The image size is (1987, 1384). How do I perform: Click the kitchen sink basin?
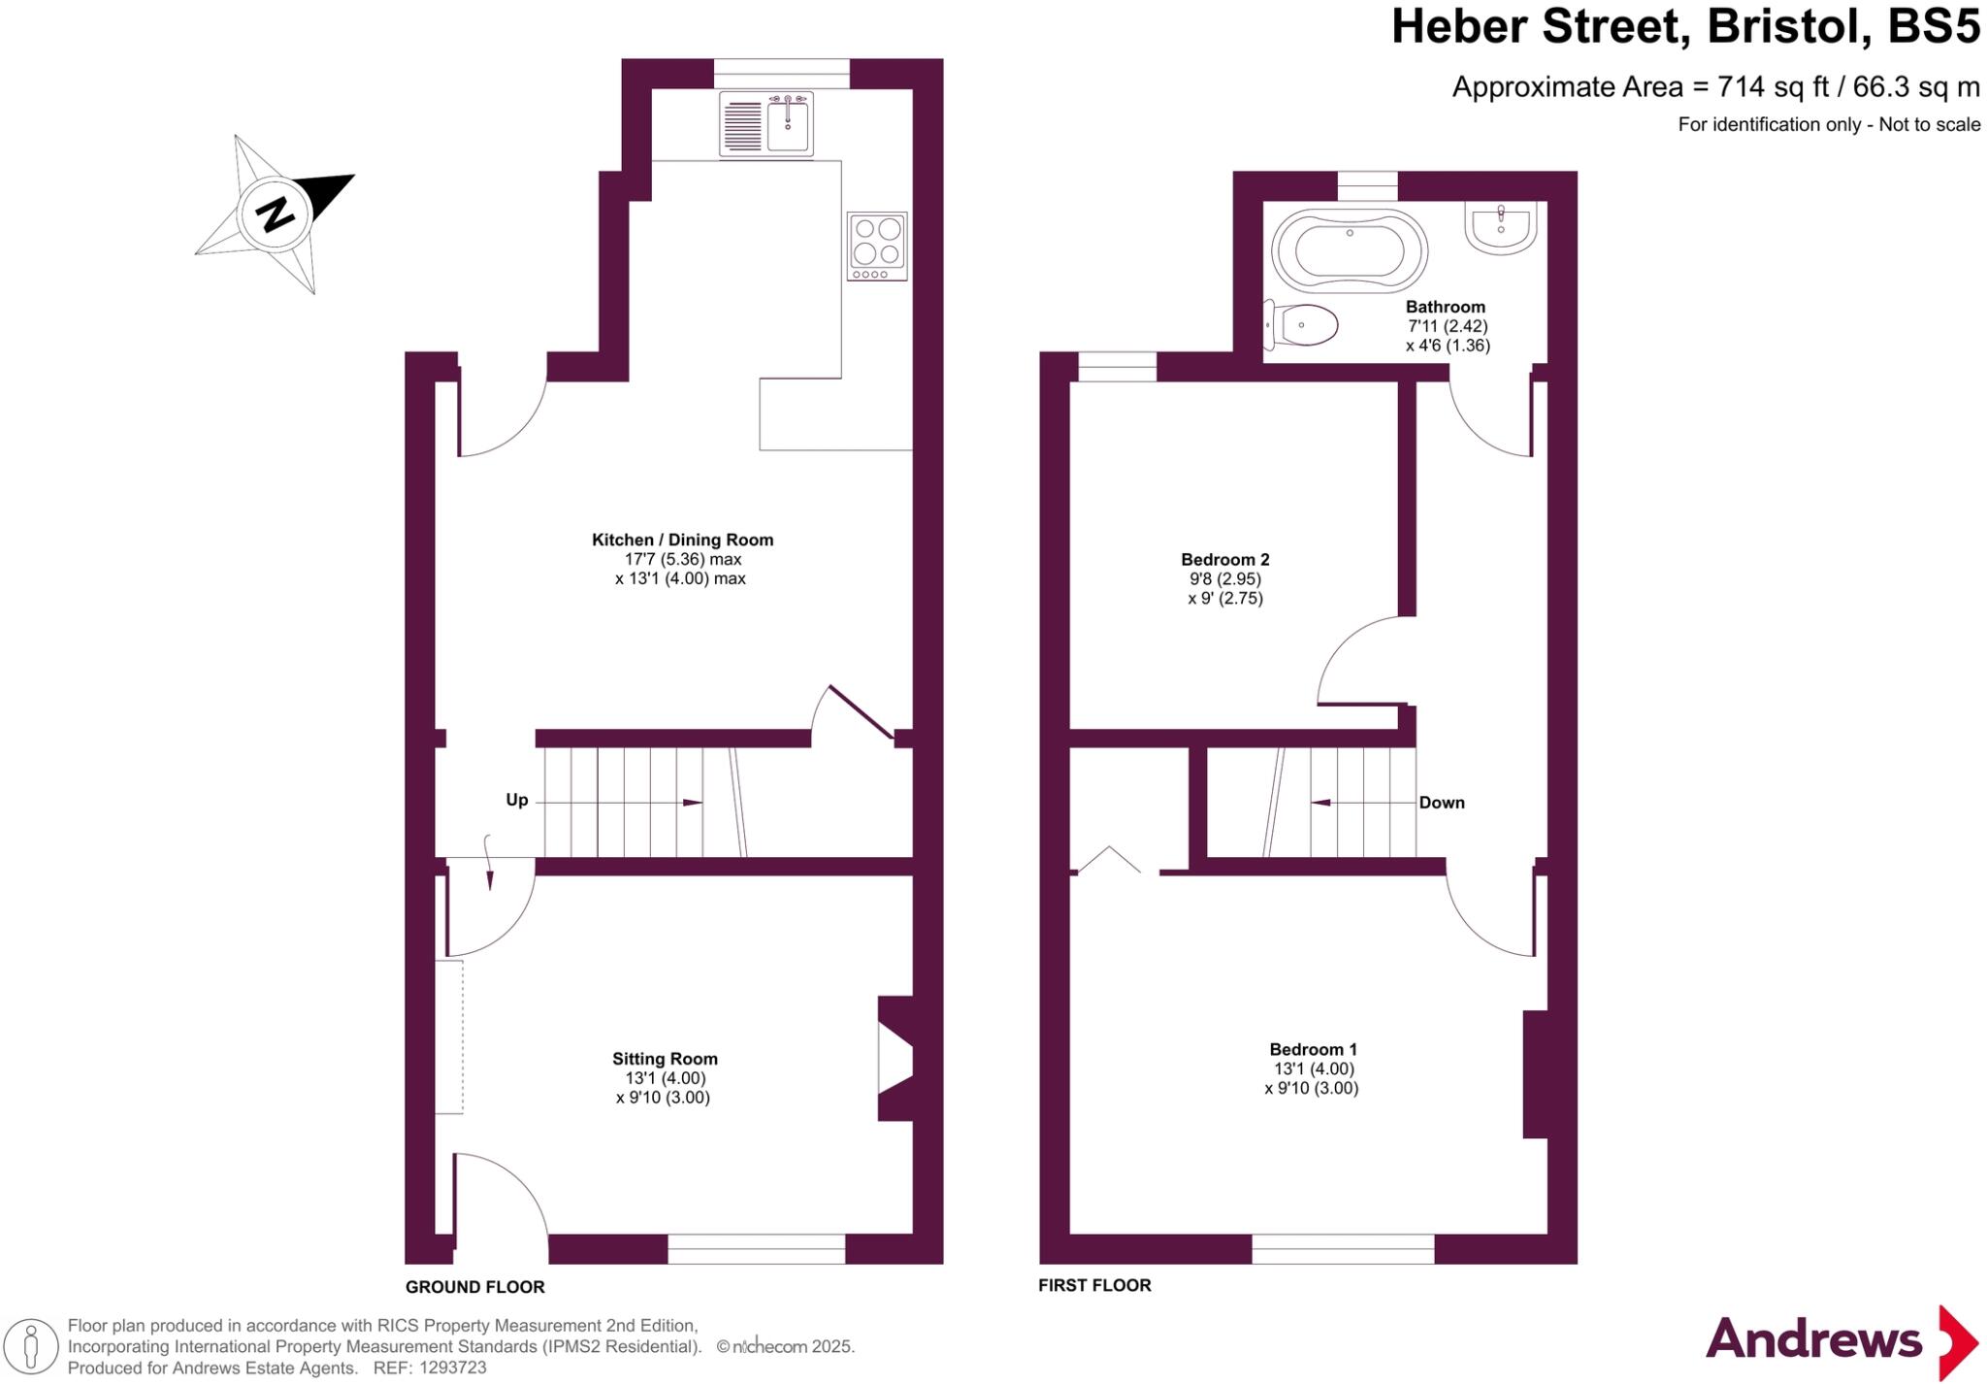(x=788, y=126)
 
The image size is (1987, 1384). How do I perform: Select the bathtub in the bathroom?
(x=1349, y=250)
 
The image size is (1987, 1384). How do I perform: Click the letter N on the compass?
(x=275, y=214)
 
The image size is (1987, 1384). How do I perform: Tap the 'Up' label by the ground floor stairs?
(x=517, y=800)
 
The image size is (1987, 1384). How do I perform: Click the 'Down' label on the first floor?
(x=1442, y=803)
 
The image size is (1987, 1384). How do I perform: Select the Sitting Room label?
(x=665, y=1059)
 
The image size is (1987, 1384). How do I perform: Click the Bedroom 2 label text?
(x=1224, y=559)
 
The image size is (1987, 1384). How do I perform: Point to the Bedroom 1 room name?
(x=1313, y=1049)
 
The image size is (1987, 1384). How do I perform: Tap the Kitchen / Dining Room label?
(x=682, y=540)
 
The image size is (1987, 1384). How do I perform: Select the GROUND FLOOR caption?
(x=474, y=1287)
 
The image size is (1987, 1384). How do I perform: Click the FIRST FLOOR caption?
(x=1094, y=1285)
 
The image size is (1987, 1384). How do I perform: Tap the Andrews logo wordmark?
(x=1813, y=1340)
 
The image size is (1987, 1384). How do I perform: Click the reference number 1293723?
(x=452, y=1368)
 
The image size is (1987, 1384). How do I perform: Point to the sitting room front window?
(x=756, y=1248)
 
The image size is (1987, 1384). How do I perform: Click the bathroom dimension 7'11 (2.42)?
(x=1448, y=326)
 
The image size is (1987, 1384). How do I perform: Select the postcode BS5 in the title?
(x=1933, y=27)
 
